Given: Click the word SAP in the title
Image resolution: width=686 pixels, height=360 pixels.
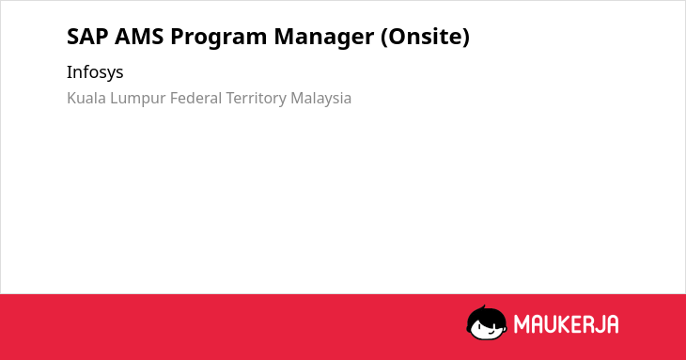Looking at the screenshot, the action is click(87, 37).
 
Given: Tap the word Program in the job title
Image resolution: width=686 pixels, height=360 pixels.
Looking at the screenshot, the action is click(219, 38).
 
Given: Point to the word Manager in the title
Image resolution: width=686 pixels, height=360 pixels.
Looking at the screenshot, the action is click(324, 38).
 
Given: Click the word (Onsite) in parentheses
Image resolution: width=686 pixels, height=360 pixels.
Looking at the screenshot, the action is click(426, 37).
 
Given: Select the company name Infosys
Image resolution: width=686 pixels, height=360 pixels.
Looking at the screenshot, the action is click(95, 72).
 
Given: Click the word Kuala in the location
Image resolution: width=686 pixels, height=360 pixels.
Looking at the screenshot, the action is click(86, 98).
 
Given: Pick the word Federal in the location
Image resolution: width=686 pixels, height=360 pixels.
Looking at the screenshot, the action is click(195, 98).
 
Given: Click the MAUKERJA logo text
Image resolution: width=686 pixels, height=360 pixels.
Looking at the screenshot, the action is click(566, 324).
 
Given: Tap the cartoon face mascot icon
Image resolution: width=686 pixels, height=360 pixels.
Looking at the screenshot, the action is click(487, 323).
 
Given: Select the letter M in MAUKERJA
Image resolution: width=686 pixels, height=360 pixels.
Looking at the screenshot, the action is click(522, 324).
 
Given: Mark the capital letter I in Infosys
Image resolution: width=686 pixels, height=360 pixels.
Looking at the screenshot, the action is click(70, 71).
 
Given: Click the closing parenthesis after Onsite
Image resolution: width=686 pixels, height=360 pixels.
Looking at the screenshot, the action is click(465, 38).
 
